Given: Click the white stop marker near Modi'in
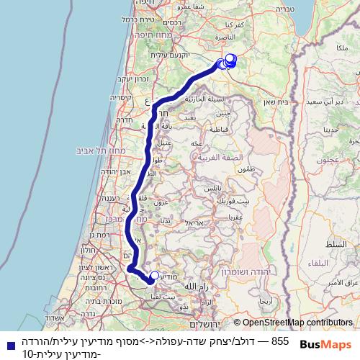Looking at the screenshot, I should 154,275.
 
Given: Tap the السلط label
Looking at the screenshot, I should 345,246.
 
